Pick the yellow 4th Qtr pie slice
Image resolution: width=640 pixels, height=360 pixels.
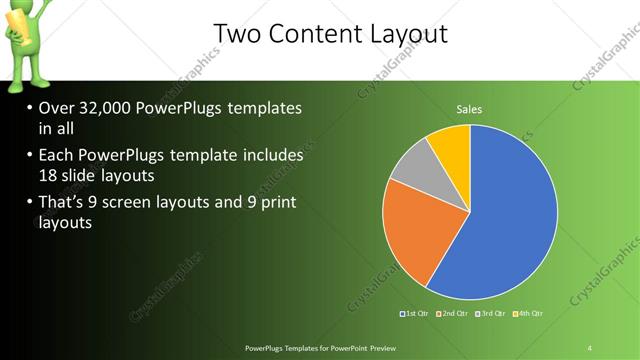tap(452, 143)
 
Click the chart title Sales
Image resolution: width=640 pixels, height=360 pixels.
tap(470, 108)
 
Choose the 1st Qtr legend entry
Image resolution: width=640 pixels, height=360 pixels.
tap(415, 314)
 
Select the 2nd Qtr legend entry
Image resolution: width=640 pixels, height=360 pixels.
tap(456, 314)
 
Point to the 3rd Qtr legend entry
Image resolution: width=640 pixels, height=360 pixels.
tap(493, 314)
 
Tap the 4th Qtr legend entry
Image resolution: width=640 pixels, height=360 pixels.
tap(530, 314)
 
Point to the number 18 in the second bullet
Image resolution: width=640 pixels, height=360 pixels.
tap(49, 176)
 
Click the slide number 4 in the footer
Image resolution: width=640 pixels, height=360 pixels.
tap(590, 347)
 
